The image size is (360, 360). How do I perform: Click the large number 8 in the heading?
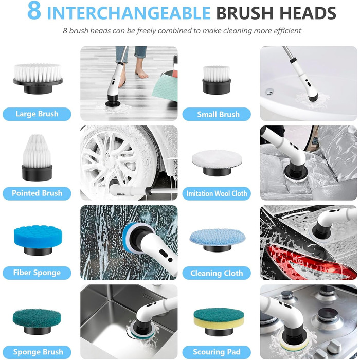(x=34, y=11)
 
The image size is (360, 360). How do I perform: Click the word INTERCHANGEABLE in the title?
(x=129, y=13)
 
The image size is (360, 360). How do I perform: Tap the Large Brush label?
(x=37, y=114)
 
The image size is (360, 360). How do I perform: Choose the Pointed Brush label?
(x=37, y=193)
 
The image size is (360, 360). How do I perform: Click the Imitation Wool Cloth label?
(x=217, y=193)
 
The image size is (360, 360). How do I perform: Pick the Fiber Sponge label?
(x=37, y=273)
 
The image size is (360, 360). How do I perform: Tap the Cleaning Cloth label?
(x=217, y=273)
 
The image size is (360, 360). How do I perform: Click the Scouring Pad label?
(x=217, y=352)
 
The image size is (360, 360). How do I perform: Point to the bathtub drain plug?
(x=269, y=92)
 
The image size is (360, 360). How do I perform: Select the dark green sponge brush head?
(x=37, y=321)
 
